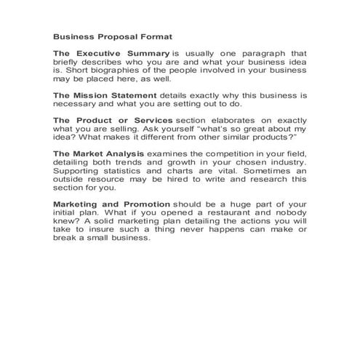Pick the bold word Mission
(92, 95)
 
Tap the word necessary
(76, 103)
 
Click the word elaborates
(236, 119)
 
